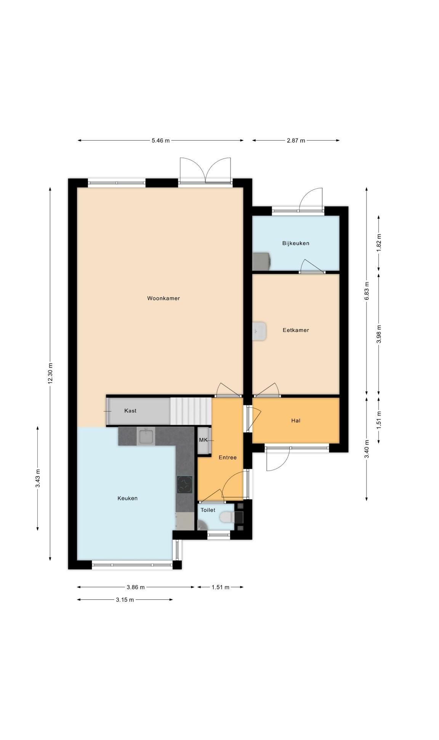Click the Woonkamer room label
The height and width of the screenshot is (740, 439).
coord(163,298)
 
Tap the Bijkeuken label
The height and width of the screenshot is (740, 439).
coord(296,243)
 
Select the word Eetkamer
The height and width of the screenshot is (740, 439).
coord(296,330)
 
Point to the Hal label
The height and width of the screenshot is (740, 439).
coord(296,421)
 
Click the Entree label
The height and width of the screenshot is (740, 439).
coord(228,458)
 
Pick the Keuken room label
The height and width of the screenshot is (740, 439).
coord(127,498)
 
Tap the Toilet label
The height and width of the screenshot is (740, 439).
coord(208,510)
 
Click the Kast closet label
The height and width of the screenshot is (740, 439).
coord(130,411)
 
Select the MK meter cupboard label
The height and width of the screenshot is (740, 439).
coord(203,440)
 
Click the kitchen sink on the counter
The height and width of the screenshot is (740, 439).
coord(146,436)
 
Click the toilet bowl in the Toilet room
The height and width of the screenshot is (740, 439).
coord(227,517)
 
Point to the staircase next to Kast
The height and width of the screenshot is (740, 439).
coord(191,411)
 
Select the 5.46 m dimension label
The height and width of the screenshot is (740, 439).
coord(160,140)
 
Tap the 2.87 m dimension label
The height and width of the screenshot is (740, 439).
coord(296,140)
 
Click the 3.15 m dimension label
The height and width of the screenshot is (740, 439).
coord(125,600)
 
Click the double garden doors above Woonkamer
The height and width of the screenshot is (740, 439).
coord(205,170)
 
